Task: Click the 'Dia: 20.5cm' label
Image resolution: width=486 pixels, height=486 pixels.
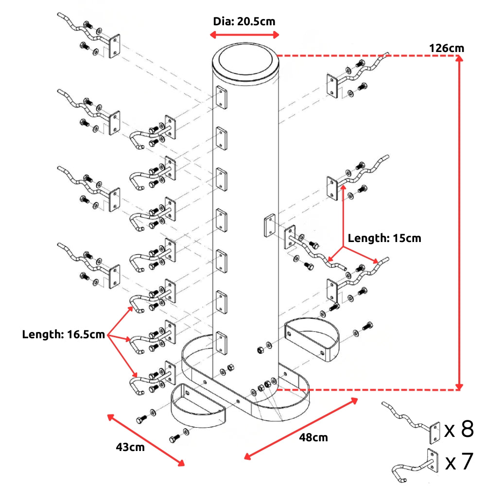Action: (x=244, y=21)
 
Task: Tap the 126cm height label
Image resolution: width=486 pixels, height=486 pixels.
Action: (x=446, y=48)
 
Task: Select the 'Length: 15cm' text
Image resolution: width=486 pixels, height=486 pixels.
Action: (x=384, y=238)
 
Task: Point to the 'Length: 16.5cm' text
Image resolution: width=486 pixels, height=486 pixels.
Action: (x=63, y=334)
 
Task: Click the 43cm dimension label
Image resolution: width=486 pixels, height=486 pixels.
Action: (x=130, y=447)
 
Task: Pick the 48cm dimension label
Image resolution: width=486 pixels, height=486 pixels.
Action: (x=313, y=437)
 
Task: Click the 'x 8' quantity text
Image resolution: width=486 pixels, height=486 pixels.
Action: (x=459, y=430)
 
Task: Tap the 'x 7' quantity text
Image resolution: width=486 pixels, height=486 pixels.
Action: (x=459, y=462)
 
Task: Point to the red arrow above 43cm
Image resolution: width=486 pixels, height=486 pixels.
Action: (x=145, y=439)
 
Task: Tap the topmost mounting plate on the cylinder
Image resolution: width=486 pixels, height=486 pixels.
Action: (x=221, y=97)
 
